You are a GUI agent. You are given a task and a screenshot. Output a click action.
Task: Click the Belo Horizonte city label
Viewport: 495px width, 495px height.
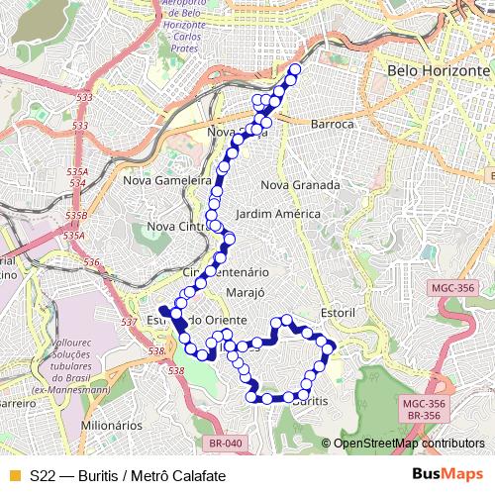[x=439, y=72]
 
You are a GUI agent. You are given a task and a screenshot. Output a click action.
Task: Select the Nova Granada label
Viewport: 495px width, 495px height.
[x=300, y=185]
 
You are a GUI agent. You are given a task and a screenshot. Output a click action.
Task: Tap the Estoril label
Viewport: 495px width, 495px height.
[x=338, y=312]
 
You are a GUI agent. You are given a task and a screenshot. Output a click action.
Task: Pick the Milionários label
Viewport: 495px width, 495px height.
[x=112, y=425]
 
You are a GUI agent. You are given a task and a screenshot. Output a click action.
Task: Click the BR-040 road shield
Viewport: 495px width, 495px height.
[x=227, y=444]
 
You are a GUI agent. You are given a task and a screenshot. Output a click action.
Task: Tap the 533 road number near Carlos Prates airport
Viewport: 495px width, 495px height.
[x=83, y=98]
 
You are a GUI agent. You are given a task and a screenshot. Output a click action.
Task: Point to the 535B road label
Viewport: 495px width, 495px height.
[x=76, y=215]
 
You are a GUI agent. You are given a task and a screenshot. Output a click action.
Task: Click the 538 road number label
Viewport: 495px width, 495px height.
[x=176, y=370]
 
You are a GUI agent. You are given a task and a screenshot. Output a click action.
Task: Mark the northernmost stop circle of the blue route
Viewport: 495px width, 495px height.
[x=294, y=69]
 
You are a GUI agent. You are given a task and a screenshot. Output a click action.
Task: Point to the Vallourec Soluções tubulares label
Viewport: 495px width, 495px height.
[x=68, y=366]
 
